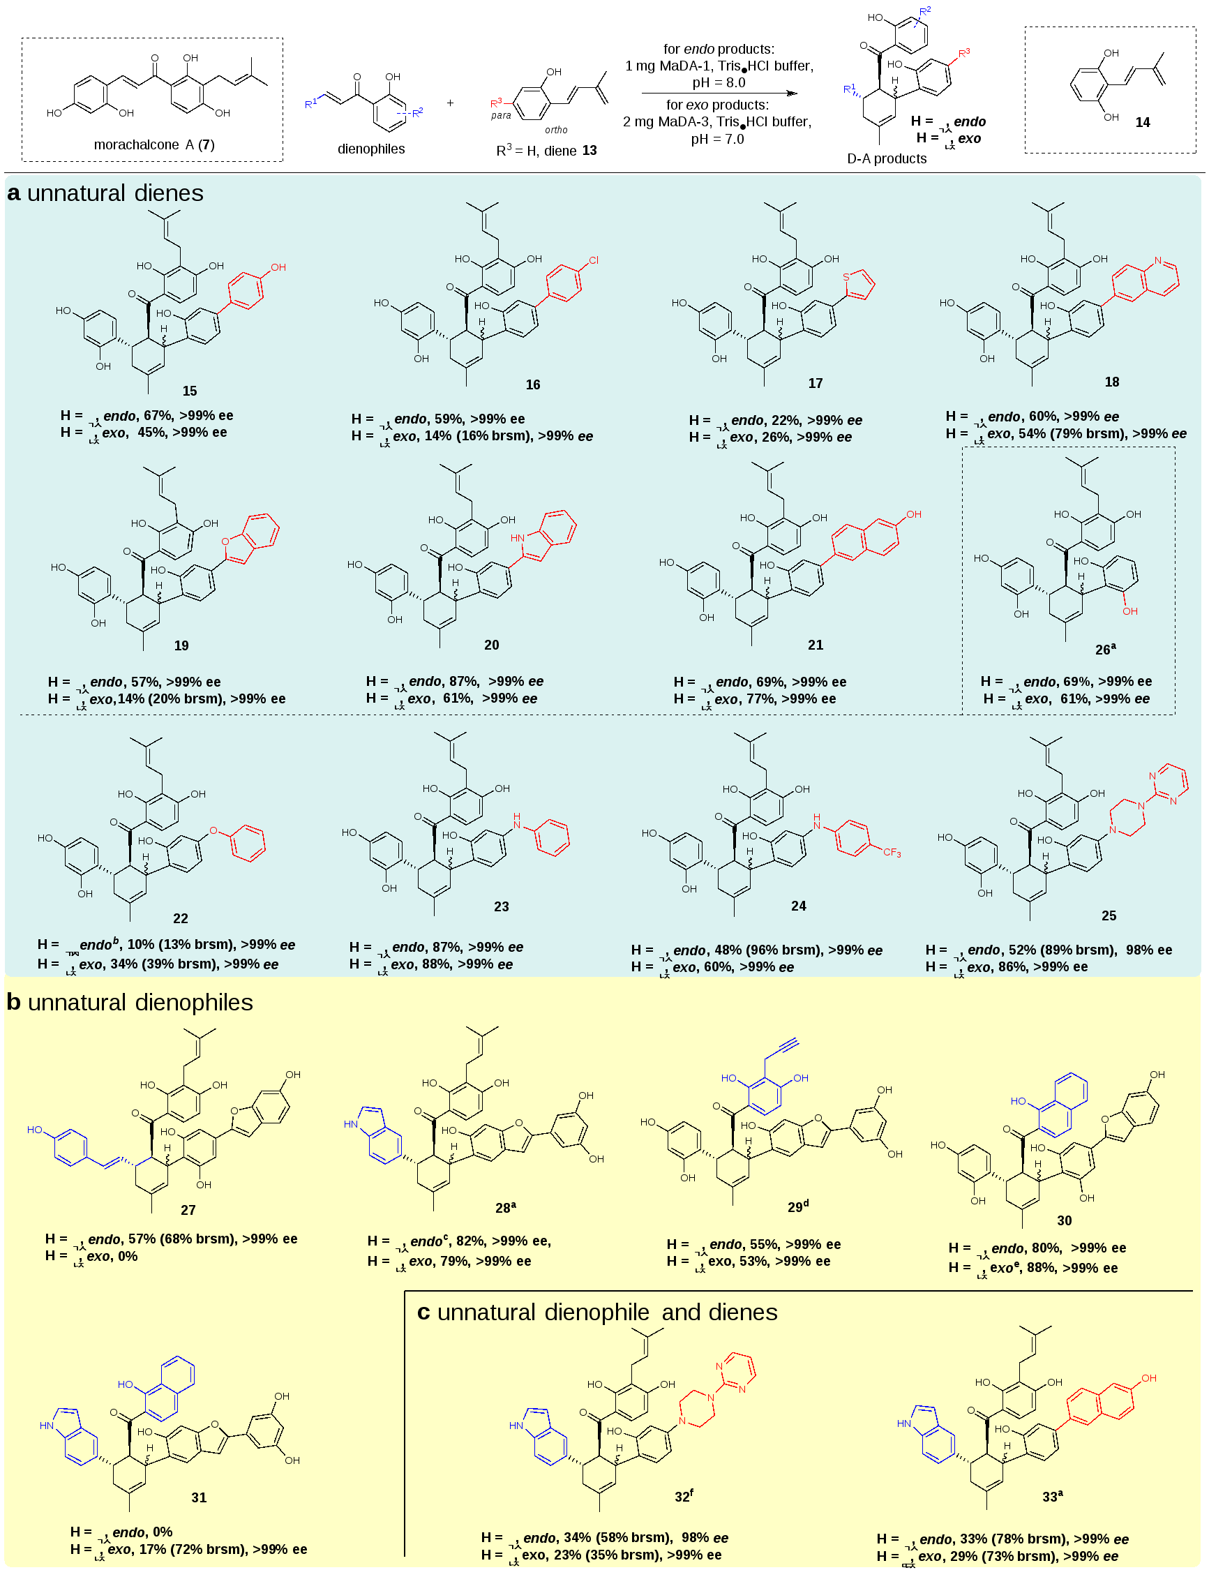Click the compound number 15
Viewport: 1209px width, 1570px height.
(189, 391)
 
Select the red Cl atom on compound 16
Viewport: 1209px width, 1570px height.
(593, 260)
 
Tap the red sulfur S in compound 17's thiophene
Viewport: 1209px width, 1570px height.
(846, 277)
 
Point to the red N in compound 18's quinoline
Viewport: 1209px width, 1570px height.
(1158, 260)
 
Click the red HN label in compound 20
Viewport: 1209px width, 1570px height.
(518, 538)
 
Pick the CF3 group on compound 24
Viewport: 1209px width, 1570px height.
(892, 853)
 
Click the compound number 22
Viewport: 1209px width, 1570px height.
(181, 919)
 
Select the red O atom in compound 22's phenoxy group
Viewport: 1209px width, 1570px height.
(213, 831)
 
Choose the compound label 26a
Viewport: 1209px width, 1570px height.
(1105, 649)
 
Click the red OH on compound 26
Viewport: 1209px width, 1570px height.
(1130, 612)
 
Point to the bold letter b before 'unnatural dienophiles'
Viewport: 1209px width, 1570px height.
(13, 1003)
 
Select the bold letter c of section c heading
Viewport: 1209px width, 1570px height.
(423, 1313)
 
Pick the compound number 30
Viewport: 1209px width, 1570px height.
(1064, 1220)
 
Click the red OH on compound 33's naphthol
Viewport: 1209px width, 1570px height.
(1148, 1378)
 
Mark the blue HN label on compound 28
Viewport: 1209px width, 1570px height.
(351, 1124)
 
